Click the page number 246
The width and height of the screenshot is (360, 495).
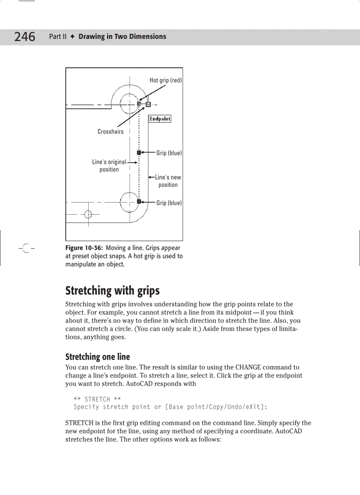25,37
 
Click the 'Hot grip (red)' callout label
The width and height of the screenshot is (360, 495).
165,80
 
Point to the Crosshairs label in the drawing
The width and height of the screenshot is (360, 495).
110,131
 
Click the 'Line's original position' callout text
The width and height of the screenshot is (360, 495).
109,166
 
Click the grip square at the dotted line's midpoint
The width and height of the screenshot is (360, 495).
139,153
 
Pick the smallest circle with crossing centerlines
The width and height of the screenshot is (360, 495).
88,215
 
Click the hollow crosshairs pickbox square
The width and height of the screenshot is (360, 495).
148,104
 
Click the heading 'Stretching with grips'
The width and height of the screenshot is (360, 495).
112,291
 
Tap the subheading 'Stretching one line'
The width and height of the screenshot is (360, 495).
97,357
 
